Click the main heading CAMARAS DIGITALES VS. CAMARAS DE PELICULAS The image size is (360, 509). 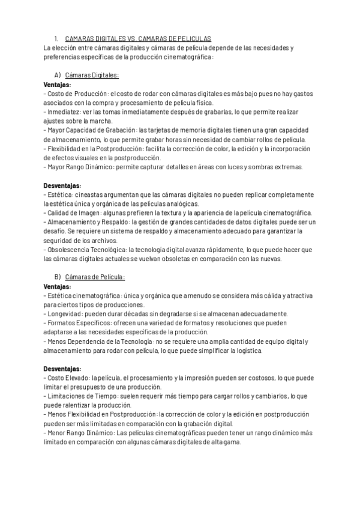137,38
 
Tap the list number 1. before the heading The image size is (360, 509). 56,38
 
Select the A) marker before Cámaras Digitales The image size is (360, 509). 58,75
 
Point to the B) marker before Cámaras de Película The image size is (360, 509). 58,277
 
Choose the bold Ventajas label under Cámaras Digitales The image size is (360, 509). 57,85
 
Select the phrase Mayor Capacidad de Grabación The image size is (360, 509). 92,130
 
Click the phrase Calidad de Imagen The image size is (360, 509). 76,212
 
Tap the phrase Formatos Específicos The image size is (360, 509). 77,323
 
